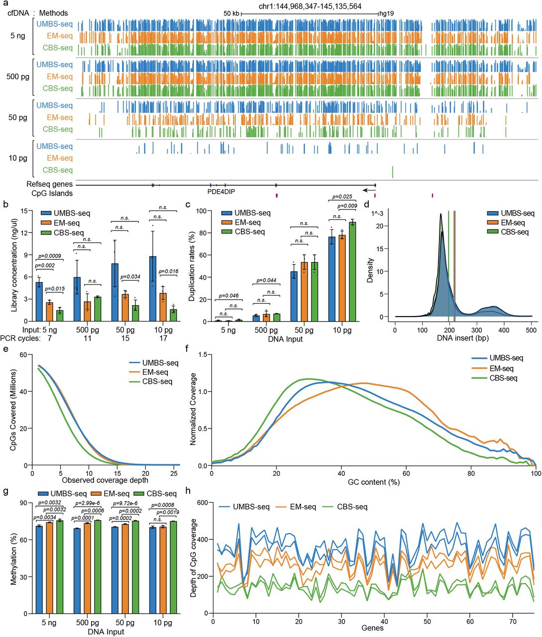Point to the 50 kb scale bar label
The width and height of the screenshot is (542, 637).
point(231,13)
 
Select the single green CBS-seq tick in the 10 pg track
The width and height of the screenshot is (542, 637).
point(392,172)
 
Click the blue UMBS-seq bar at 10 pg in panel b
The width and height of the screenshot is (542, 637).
point(153,289)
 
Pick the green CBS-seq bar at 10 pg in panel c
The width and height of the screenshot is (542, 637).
point(353,272)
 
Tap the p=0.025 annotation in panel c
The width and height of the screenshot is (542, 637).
point(342,197)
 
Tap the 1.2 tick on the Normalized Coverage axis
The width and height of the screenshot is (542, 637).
point(202,354)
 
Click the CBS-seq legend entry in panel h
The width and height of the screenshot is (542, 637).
point(352,507)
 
